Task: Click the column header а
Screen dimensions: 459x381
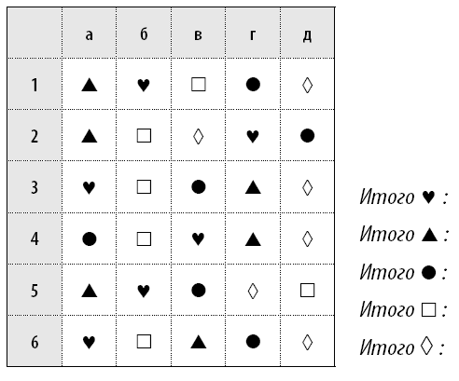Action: (x=89, y=35)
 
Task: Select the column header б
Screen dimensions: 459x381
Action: (x=144, y=34)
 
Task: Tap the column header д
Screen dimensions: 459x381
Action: (x=307, y=36)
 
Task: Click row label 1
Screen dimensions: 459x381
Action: (x=35, y=85)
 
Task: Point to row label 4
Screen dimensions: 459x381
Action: (x=35, y=239)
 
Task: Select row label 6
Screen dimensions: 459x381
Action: (x=35, y=342)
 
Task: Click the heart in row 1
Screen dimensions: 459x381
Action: (x=144, y=85)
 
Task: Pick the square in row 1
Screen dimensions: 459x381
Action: (x=199, y=84)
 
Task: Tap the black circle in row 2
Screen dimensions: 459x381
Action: (x=307, y=136)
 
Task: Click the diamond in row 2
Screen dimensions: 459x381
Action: (x=199, y=136)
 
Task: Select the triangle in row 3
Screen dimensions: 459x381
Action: (x=253, y=187)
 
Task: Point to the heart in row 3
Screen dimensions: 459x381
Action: (x=89, y=187)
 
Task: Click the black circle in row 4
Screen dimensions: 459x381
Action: (x=90, y=239)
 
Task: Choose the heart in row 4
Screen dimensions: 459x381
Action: (x=198, y=239)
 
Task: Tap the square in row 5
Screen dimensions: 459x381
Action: (x=307, y=291)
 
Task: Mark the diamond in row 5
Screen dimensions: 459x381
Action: (x=253, y=291)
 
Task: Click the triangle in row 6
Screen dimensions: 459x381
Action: (x=199, y=342)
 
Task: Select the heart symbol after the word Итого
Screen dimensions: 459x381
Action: (x=428, y=197)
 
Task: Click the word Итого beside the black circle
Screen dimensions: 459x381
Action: (x=387, y=272)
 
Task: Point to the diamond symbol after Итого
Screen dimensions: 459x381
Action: (x=427, y=346)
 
